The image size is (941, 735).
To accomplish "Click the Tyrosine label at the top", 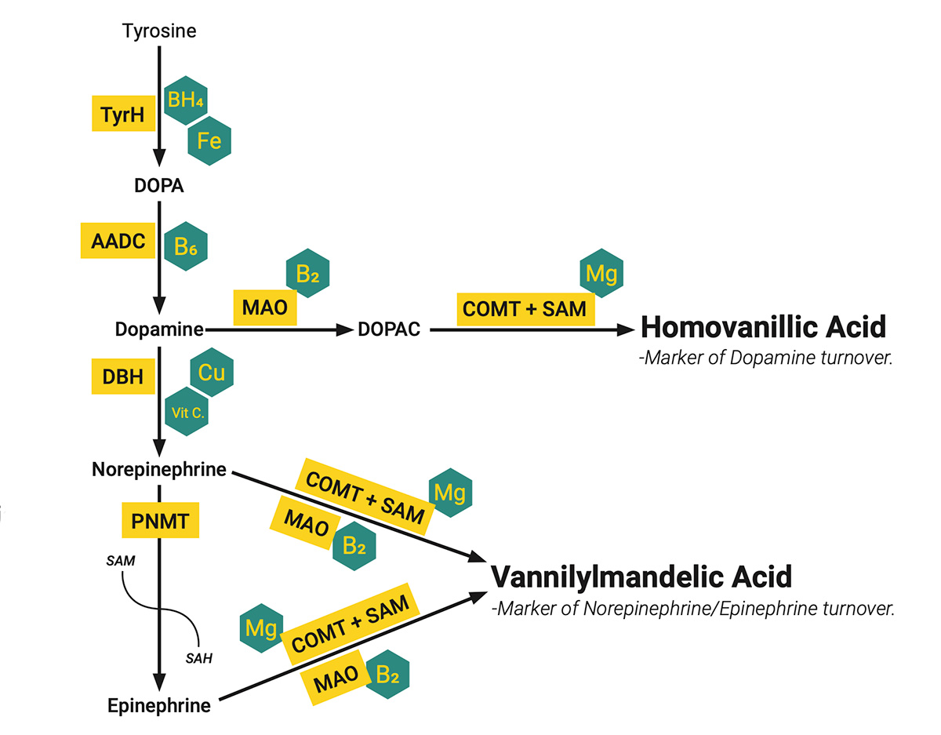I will point(159,31).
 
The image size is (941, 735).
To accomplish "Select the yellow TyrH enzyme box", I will point(123,115).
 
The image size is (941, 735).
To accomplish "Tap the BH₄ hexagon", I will point(185,99).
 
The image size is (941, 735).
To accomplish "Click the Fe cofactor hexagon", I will point(209,142).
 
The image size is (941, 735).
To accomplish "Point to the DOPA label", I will point(159,186).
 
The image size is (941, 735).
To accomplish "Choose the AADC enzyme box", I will point(118,241).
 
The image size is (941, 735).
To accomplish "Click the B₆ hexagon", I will point(185,246).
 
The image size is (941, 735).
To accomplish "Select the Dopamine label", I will point(159,329).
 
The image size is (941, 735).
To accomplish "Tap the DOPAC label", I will point(389,329).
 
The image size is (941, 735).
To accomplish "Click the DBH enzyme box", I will point(123,376).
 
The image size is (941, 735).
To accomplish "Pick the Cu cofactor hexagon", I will point(212,372).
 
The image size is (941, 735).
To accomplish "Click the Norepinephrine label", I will point(159,470).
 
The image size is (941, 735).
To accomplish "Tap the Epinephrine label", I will point(159,705).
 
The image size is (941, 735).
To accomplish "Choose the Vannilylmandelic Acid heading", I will point(641,577).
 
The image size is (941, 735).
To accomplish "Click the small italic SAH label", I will point(198,657).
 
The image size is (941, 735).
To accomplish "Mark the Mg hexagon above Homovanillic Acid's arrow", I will point(601,273).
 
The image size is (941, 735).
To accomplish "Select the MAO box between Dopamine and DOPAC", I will point(265,307).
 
